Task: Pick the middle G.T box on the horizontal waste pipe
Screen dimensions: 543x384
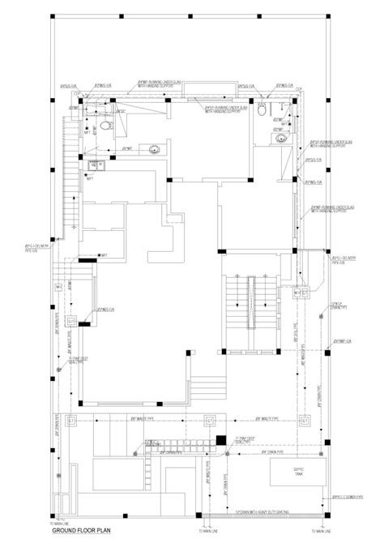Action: [211, 421]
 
